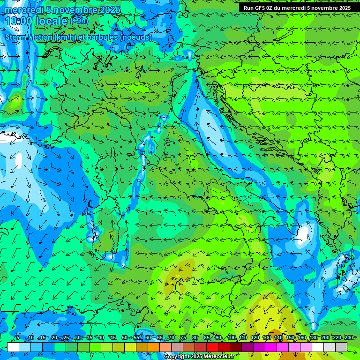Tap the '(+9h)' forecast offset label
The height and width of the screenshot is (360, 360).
point(79,21)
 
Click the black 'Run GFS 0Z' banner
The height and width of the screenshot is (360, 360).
point(297,8)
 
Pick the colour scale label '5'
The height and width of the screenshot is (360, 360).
point(18,337)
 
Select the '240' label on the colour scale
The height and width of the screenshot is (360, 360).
point(348,337)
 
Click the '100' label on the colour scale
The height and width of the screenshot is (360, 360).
point(231,337)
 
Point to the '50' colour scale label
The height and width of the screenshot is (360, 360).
point(125,337)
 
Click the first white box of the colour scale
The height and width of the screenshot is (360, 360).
point(13,347)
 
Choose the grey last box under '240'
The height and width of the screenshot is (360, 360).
point(341,347)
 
